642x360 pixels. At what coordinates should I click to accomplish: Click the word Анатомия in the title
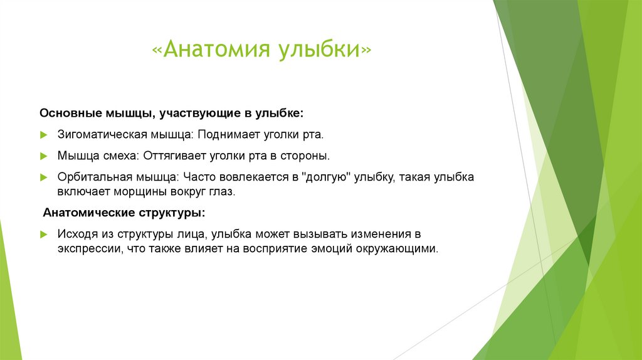(x=217, y=49)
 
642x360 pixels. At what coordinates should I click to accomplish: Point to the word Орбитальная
(x=96, y=177)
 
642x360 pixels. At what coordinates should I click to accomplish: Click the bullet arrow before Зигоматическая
(x=44, y=135)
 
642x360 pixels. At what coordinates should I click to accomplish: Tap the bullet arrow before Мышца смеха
(x=44, y=156)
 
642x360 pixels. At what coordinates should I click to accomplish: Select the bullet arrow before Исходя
(x=44, y=235)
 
